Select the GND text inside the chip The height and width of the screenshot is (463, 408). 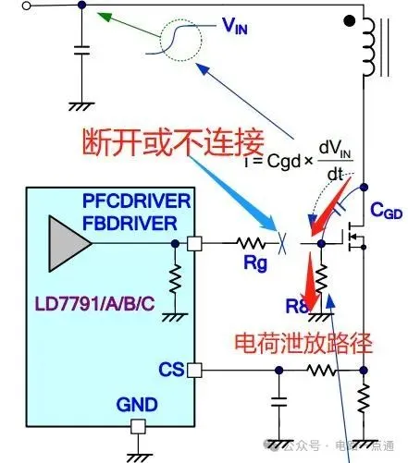click(x=137, y=404)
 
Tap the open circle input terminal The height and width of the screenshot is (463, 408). click(x=6, y=6)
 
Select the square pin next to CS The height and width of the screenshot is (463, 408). click(x=193, y=371)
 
